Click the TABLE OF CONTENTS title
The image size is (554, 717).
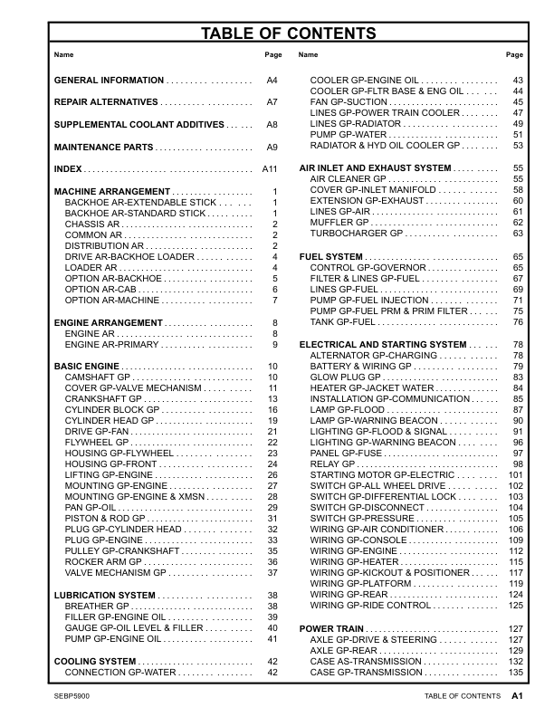[x=288, y=34]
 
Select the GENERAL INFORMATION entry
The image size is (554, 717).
[x=110, y=81]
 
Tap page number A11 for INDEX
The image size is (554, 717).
[x=269, y=169]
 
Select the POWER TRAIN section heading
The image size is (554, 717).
[x=332, y=628]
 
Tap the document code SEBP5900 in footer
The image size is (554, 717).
[x=72, y=696]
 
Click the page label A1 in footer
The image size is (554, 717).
[x=518, y=696]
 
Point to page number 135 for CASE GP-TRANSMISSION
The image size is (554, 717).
[x=517, y=673]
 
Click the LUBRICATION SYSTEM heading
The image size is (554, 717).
[x=105, y=595]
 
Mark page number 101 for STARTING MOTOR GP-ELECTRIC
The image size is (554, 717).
[x=516, y=474]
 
